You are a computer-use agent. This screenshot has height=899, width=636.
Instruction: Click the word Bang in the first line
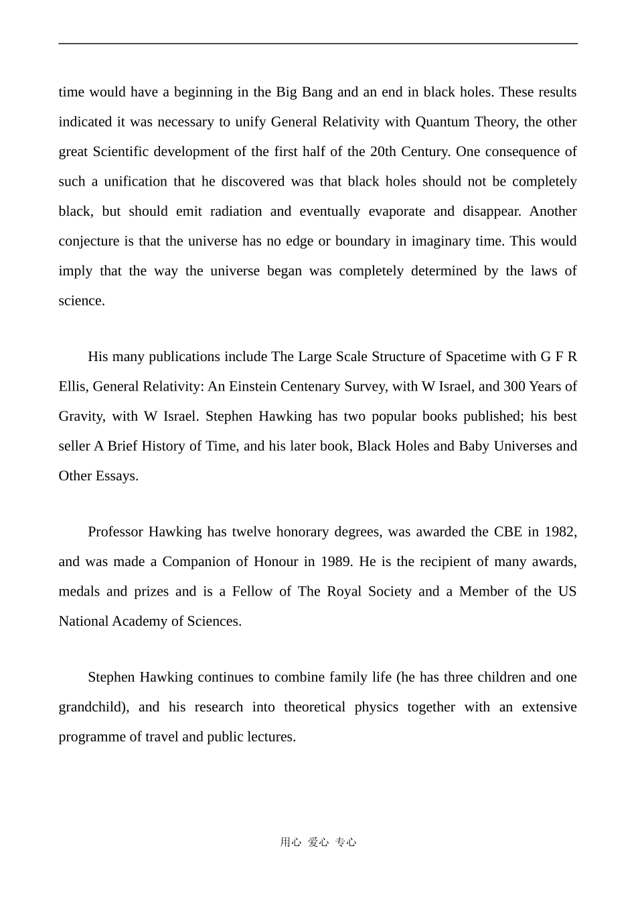pos(317,92)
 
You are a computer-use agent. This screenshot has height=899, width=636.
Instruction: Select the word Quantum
pos(443,122)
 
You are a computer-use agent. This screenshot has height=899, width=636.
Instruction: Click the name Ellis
pos(72,387)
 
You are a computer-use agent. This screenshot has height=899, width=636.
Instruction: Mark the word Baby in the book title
pos(474,446)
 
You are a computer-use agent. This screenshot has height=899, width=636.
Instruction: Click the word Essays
pos(118,476)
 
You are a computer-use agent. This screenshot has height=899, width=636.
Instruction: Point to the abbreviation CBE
pos(507,532)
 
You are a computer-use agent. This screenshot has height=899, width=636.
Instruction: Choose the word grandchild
pos(92,707)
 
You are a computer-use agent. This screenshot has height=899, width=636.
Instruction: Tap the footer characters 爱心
pos(318,843)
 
